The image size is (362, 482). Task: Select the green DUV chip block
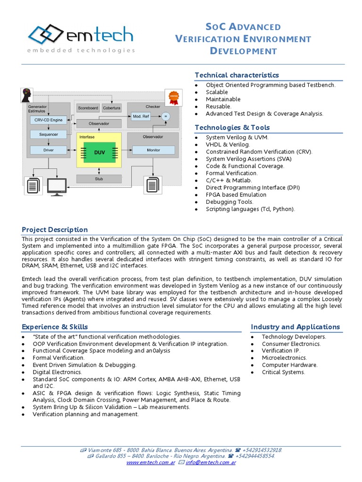coord(99,152)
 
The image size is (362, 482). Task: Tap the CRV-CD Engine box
coord(49,120)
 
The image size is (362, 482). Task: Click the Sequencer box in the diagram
coord(49,135)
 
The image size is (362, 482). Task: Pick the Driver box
coord(49,150)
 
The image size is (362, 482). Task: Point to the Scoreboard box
coord(88,108)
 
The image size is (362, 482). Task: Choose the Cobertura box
coord(112,108)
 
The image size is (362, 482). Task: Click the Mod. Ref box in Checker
coord(141,116)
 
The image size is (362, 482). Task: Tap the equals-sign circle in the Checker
coord(165,116)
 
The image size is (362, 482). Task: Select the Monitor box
coord(153,150)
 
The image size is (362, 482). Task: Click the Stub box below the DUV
coord(99,179)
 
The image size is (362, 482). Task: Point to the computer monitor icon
coord(57,187)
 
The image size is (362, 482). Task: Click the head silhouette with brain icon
coord(25,96)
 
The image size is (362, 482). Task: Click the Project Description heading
coord(55,230)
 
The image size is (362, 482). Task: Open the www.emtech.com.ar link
coord(151,462)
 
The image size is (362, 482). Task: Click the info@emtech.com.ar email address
coord(211,462)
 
